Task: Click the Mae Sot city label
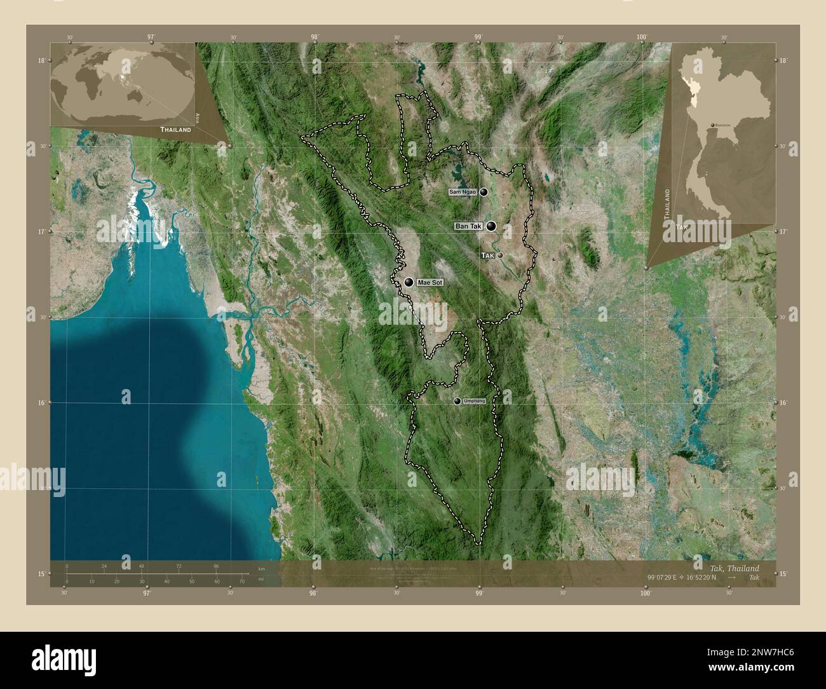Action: point(430,282)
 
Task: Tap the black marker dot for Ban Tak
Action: point(492,226)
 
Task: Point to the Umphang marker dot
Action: point(457,401)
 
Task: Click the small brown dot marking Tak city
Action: point(501,255)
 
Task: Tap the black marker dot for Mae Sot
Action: point(409,282)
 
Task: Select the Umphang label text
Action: point(474,401)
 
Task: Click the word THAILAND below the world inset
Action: point(175,129)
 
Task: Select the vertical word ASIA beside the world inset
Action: point(198,117)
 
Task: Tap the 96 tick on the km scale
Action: point(217,566)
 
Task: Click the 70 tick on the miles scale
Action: point(242,581)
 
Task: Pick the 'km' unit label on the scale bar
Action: point(261,568)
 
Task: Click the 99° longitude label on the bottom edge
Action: point(480,592)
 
